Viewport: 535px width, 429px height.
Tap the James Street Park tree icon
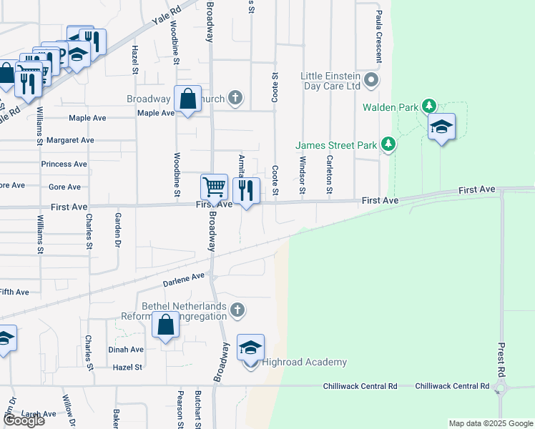click(x=388, y=145)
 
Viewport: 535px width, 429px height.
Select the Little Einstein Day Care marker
click(x=370, y=79)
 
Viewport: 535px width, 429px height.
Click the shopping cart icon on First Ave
click(x=214, y=188)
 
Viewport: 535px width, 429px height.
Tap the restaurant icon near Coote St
click(x=246, y=190)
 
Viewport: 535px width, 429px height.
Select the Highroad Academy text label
click(x=305, y=363)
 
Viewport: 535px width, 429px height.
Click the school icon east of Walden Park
click(x=441, y=127)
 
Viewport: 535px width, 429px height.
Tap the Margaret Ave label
click(x=70, y=140)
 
